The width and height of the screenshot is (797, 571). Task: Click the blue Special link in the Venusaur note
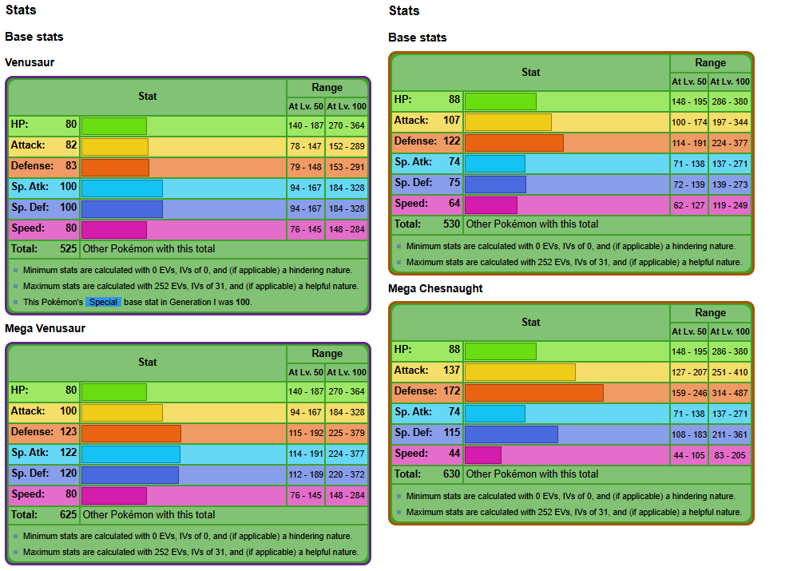pyautogui.click(x=103, y=303)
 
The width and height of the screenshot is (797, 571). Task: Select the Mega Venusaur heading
pyautogui.click(x=45, y=328)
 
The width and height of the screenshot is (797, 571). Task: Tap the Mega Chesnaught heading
pyautogui.click(x=435, y=288)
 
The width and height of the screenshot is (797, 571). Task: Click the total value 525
pyautogui.click(x=69, y=249)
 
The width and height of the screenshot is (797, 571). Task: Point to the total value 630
pyautogui.click(x=452, y=474)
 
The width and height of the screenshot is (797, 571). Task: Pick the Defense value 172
pyautogui.click(x=450, y=391)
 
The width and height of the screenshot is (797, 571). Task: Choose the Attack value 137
pyautogui.click(x=451, y=371)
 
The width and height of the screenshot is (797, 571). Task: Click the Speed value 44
pyautogui.click(x=454, y=454)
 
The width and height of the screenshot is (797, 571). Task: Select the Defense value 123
pyautogui.click(x=68, y=432)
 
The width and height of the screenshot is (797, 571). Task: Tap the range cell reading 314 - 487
pyautogui.click(x=730, y=393)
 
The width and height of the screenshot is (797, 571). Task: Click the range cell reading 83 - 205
pyautogui.click(x=730, y=455)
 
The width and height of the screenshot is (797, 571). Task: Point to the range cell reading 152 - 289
pyautogui.click(x=347, y=147)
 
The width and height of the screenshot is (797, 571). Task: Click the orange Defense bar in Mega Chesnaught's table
pyautogui.click(x=533, y=392)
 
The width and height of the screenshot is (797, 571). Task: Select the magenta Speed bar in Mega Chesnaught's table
pyautogui.click(x=482, y=454)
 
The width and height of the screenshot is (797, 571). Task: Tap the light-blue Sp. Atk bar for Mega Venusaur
pyautogui.click(x=130, y=454)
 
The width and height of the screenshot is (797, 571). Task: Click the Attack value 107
pyautogui.click(x=451, y=121)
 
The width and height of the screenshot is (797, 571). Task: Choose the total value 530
pyautogui.click(x=452, y=224)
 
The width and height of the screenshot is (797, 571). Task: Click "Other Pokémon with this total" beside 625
pyautogui.click(x=149, y=515)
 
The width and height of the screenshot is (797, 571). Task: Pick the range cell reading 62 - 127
pyautogui.click(x=689, y=205)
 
